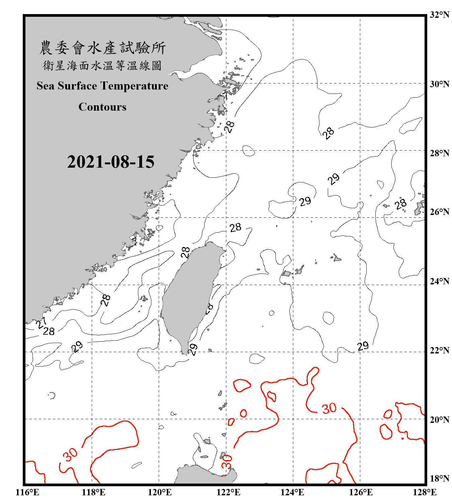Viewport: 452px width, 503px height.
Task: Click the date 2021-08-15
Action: (110, 162)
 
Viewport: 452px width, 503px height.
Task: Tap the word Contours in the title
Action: (102, 107)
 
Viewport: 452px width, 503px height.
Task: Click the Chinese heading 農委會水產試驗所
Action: (102, 48)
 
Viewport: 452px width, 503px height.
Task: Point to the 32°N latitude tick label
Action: (439, 15)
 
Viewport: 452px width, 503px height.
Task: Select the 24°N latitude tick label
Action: (439, 281)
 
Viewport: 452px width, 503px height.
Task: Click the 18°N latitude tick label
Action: (439, 479)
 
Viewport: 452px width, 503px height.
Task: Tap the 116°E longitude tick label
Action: (27, 492)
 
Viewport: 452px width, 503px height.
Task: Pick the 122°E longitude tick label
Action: (228, 492)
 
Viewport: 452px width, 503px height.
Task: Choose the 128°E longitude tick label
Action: (425, 492)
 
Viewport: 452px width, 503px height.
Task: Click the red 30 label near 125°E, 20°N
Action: (329, 408)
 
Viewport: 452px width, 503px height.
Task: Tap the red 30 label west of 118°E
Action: (71, 455)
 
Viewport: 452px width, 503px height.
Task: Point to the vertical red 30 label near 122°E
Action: (227, 461)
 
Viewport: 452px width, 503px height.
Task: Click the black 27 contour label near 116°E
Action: (41, 323)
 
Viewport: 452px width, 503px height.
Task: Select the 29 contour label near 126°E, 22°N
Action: (363, 346)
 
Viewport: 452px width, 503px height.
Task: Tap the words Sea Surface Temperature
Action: (102, 86)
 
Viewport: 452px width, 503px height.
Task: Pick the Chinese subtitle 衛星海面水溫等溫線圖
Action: (102, 66)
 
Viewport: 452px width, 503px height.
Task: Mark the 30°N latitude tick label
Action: (439, 84)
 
